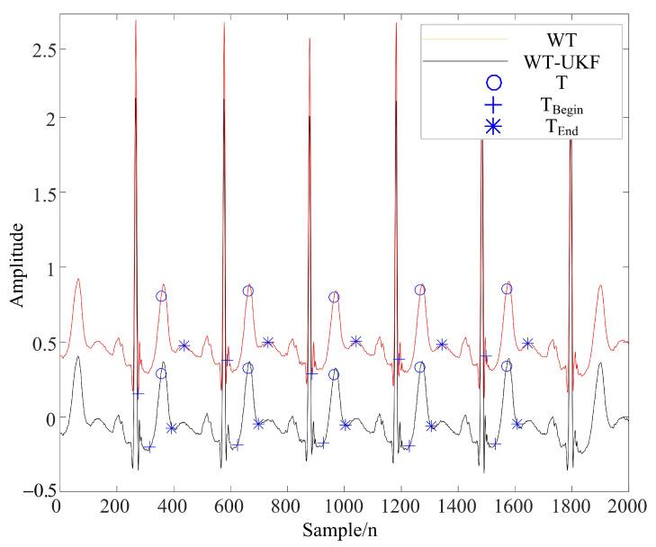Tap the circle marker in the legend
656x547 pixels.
click(492, 84)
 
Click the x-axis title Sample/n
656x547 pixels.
click(342, 530)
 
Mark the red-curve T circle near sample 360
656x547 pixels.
click(161, 296)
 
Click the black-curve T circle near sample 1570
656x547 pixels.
click(507, 366)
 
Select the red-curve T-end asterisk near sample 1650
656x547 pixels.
click(528, 343)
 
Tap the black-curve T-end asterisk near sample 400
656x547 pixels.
click(171, 428)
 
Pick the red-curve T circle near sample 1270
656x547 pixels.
click(419, 290)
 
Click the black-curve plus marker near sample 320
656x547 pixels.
click(149, 446)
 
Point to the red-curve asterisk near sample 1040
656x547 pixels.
click(355, 341)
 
